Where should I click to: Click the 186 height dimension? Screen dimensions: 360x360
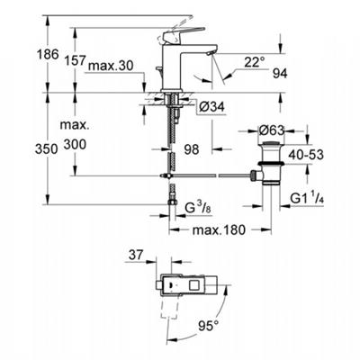[47, 55]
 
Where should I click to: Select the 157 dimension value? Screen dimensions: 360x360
[76, 60]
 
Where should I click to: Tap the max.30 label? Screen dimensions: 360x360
[111, 66]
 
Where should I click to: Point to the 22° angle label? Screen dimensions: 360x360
[255, 62]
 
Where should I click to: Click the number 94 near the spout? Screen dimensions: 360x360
[280, 74]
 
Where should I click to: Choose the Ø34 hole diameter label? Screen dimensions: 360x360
[212, 107]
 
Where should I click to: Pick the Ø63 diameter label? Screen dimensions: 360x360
[271, 130]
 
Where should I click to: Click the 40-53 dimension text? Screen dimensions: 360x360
[306, 155]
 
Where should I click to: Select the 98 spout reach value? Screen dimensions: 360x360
[192, 149]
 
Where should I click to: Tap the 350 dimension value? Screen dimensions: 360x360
[46, 149]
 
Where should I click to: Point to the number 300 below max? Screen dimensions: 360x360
[75, 144]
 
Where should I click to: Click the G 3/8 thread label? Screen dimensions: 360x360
[198, 208]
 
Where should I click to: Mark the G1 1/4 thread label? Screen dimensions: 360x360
[307, 198]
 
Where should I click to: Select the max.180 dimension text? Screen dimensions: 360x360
[219, 230]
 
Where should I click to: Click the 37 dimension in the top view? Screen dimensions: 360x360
[137, 255]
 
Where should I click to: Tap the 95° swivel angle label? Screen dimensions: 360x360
[208, 325]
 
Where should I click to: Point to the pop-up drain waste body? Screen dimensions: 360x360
[271, 162]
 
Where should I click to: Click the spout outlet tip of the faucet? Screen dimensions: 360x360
[210, 53]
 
